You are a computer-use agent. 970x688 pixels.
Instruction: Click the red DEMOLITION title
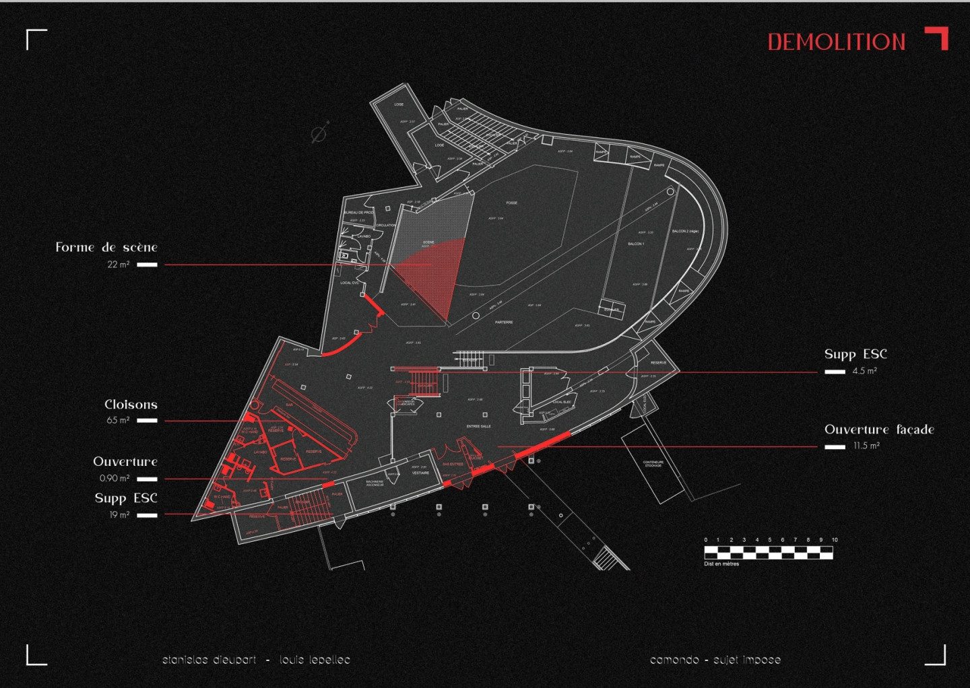(x=837, y=42)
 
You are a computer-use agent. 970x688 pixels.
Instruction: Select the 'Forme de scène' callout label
(x=106, y=247)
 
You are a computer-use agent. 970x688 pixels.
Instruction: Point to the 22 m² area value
(x=118, y=265)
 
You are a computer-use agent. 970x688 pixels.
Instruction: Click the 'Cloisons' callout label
(x=131, y=405)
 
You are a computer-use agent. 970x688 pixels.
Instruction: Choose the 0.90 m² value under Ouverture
(x=115, y=479)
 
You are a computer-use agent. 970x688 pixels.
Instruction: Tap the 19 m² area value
(x=119, y=515)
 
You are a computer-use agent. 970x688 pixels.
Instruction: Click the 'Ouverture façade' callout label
(x=879, y=429)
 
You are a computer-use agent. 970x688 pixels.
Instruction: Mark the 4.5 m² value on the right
(x=864, y=371)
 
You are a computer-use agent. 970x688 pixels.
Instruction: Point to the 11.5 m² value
(x=866, y=446)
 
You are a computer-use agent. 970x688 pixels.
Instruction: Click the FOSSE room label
(x=512, y=203)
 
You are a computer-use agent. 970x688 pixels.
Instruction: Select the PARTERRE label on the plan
(x=504, y=322)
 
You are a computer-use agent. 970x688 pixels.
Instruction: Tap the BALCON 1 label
(x=636, y=244)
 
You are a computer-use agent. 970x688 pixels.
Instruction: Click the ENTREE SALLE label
(x=478, y=426)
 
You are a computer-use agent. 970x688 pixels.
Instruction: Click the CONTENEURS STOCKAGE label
(x=653, y=464)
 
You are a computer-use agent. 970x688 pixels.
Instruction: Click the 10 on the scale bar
(x=835, y=540)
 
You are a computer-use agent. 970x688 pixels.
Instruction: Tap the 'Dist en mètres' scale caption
(x=721, y=564)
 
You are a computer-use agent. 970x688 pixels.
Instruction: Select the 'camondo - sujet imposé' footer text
(x=715, y=660)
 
